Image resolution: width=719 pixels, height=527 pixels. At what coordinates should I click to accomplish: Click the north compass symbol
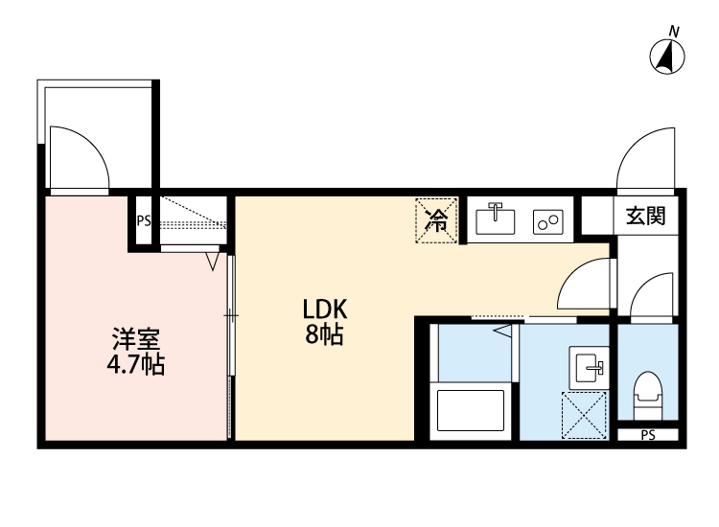(668, 58)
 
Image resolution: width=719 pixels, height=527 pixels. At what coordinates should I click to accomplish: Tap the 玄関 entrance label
(645, 216)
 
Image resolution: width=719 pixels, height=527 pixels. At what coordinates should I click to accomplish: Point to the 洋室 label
(135, 339)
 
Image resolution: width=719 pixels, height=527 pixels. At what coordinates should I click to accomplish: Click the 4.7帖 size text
(135, 365)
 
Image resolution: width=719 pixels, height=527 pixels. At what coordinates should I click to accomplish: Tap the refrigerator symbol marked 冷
(437, 221)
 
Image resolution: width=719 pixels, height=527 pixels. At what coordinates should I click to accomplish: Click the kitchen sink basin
(497, 220)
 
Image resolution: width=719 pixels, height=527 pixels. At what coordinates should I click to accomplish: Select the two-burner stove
(549, 222)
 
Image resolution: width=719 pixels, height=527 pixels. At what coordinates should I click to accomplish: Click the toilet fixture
(648, 393)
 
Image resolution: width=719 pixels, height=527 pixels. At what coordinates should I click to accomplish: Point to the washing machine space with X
(585, 415)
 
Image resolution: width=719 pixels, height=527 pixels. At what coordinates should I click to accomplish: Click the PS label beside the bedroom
(144, 220)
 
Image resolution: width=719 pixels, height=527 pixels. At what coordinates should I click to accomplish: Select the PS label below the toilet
(648, 436)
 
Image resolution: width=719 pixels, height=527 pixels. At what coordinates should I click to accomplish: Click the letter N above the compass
(674, 32)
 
